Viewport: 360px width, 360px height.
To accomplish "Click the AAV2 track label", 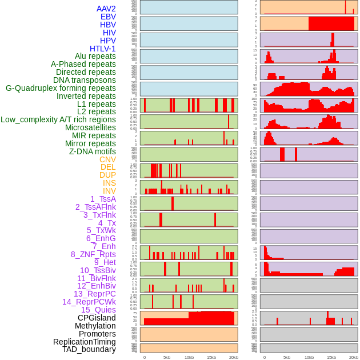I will (106, 9).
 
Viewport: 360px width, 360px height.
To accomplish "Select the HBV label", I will (108, 25).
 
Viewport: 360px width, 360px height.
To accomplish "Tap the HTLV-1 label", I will (103, 49).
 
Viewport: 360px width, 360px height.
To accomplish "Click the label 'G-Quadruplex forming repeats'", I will (61, 88).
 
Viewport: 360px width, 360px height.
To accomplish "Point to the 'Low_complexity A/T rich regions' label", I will (58, 119).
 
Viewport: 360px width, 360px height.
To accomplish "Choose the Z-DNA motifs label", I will (93, 151).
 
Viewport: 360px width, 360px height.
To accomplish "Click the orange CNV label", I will (107, 159).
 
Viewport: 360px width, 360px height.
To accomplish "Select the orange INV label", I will (109, 191).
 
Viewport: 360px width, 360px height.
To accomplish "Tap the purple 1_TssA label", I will (103, 199).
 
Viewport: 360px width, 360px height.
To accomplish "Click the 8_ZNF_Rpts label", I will (93, 254).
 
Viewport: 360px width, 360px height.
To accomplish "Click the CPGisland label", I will (97, 318).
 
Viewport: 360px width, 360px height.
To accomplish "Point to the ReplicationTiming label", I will (85, 342).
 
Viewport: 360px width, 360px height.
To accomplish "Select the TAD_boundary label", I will (89, 349).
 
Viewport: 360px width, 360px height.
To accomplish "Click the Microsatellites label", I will (90, 127).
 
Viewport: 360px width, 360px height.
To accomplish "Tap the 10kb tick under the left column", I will (189, 357).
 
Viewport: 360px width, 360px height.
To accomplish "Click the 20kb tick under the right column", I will (354, 357).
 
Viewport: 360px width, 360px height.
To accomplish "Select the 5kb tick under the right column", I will (287, 357).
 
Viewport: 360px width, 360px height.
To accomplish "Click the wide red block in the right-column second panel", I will (331, 23).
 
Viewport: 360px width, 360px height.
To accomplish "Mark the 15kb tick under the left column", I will (211, 357).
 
